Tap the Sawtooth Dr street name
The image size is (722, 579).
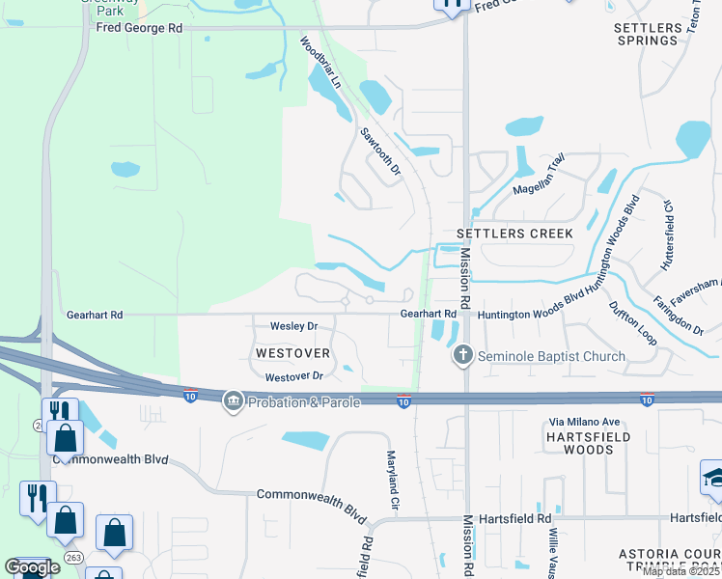click(380, 152)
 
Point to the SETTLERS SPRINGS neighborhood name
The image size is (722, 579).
click(647, 34)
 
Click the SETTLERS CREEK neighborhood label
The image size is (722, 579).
click(514, 234)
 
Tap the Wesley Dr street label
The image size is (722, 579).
click(293, 326)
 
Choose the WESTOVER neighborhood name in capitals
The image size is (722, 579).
click(293, 353)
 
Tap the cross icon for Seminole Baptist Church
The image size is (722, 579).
click(462, 356)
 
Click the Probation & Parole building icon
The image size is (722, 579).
click(233, 400)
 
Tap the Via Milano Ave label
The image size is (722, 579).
click(583, 422)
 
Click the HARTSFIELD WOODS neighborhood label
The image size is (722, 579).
click(589, 443)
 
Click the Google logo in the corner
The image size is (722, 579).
click(32, 567)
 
